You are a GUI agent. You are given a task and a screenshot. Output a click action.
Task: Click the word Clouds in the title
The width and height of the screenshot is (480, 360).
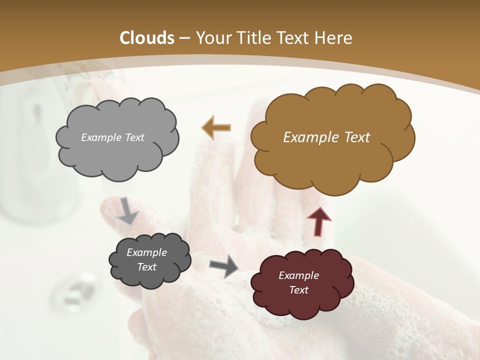[x=147, y=38]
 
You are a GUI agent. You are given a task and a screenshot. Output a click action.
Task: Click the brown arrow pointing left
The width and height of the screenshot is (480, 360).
[x=216, y=127]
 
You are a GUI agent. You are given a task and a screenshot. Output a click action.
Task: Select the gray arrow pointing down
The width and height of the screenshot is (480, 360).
[x=128, y=210]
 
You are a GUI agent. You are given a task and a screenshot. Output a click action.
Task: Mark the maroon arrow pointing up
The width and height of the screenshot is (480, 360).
[x=318, y=221]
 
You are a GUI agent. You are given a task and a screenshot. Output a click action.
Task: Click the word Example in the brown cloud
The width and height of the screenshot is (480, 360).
[x=312, y=137]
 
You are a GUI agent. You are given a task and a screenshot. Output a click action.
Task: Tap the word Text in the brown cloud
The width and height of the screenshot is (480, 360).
[x=357, y=137]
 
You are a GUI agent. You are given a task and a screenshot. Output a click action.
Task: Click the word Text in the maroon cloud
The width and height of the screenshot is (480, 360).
[x=298, y=290]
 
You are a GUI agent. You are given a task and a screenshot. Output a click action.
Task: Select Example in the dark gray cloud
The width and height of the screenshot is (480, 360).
[x=146, y=252]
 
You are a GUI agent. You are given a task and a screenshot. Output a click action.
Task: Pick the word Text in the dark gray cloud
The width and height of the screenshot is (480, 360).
[x=146, y=267]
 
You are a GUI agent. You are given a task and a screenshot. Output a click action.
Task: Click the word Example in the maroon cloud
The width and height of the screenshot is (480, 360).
[x=298, y=275]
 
